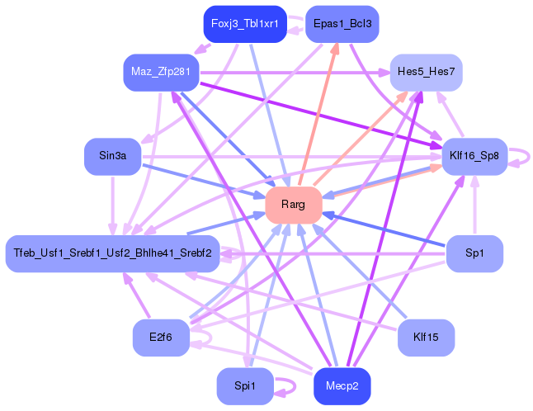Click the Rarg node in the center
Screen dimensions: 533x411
point(294,205)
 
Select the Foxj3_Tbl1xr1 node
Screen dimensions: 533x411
point(245,24)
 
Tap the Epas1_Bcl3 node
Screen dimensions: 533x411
point(342,24)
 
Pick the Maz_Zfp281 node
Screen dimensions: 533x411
point(161,72)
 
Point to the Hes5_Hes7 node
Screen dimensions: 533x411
point(426,72)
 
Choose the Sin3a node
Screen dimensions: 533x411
point(113,156)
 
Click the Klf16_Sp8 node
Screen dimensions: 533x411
point(474,156)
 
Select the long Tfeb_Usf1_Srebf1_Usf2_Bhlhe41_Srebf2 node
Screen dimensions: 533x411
point(112,253)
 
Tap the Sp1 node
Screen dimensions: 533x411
point(474,253)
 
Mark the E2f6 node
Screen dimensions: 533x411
point(161,338)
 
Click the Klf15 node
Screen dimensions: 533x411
point(426,338)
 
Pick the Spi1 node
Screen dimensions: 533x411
point(245,386)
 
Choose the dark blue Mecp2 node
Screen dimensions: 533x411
point(342,386)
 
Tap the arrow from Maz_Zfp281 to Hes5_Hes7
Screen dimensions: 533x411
point(295,73)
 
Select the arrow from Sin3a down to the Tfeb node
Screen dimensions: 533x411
point(112,205)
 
